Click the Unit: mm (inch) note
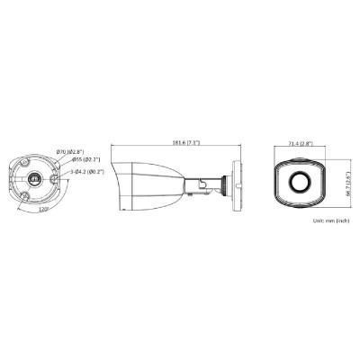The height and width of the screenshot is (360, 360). click(x=328, y=220)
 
